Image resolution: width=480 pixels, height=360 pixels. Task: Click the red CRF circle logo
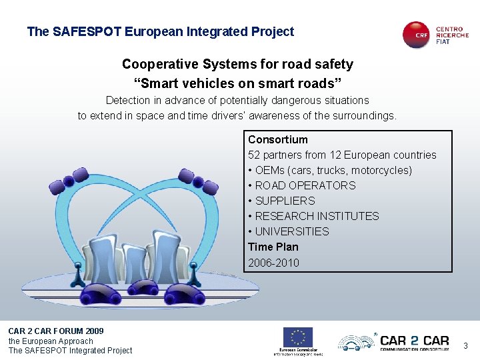[x=417, y=35]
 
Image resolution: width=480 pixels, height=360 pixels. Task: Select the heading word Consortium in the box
[x=278, y=139]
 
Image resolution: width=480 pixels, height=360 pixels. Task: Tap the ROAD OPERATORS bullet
[x=305, y=185]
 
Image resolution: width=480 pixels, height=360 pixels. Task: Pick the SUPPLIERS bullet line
[x=285, y=201]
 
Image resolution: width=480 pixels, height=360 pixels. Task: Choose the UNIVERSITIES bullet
[x=292, y=231]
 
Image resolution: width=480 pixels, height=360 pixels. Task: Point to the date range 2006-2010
[x=273, y=263]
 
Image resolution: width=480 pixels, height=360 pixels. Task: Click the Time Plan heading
[x=273, y=247]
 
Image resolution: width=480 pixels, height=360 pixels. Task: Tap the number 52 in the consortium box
[x=254, y=155]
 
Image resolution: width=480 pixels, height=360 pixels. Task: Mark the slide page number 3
[x=465, y=345]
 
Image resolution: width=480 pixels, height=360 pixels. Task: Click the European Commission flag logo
[x=298, y=337]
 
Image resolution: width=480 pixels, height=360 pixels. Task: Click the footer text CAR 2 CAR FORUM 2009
[x=56, y=331]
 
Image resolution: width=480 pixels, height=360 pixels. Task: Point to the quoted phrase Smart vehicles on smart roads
[x=238, y=83]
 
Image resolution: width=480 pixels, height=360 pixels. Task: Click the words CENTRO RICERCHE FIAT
[x=452, y=35]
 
